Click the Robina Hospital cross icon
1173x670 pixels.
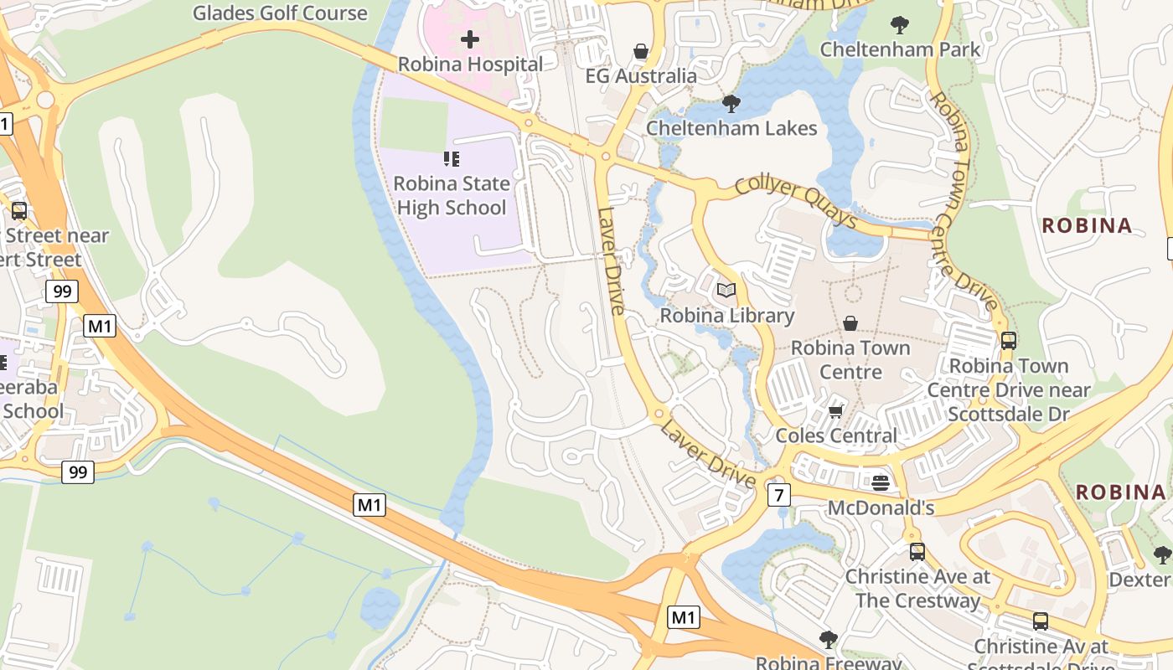coord(470,39)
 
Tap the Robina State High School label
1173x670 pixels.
coord(452,195)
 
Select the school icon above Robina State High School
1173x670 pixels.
coord(452,158)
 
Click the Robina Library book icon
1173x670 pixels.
coord(726,291)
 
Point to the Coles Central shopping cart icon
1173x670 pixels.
coord(835,411)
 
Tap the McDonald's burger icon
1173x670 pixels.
coord(880,482)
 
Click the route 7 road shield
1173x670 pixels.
coord(779,495)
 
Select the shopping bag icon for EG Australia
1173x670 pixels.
coord(641,51)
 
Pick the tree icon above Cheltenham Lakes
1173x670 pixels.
coord(731,104)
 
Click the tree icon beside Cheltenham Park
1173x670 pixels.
coord(900,24)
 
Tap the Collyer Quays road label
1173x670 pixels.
coord(795,202)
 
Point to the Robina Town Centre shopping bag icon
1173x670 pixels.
coord(850,323)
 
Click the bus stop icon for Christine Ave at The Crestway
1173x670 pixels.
coord(917,552)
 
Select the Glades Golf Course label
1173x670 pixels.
coord(280,13)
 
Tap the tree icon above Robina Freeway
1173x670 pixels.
coord(829,640)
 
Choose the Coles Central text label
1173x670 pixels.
coord(836,435)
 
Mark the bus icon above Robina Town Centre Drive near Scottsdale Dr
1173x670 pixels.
coord(1009,341)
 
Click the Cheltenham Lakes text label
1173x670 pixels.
coord(731,128)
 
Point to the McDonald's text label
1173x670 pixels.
coord(881,508)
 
